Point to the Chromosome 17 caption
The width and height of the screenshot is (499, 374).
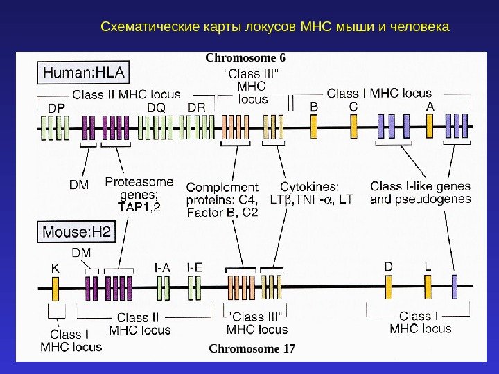click(252, 348)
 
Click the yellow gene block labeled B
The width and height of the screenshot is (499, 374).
click(314, 127)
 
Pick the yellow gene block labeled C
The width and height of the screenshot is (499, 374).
click(353, 127)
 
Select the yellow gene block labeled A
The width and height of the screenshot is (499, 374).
click(430, 127)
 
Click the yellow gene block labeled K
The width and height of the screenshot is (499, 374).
click(55, 286)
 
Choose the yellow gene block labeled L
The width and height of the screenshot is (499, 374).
click(428, 286)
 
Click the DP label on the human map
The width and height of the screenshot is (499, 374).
click(56, 108)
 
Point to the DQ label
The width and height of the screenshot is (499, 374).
click(156, 108)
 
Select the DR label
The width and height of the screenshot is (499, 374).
click(196, 108)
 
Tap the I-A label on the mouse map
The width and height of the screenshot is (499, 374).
click(162, 266)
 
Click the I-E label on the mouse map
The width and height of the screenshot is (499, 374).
click(195, 266)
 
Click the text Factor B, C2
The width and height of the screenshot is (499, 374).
click(222, 213)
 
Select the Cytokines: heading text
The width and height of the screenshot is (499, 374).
click(310, 187)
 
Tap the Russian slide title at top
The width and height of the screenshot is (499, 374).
click(275, 28)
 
